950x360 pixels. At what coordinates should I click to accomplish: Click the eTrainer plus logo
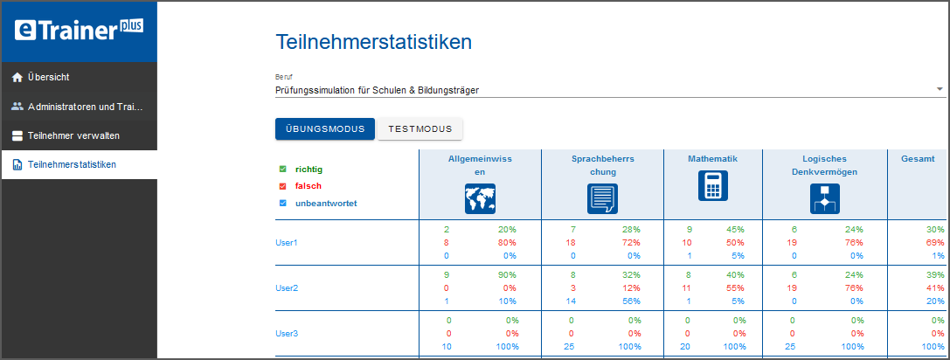79,31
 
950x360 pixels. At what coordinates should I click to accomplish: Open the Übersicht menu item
48,77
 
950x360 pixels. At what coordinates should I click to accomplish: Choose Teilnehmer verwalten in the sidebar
73,135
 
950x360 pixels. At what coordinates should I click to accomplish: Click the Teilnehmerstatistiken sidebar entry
72,164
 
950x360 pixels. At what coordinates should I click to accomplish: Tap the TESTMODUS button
420,128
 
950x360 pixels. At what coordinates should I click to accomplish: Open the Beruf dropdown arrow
940,89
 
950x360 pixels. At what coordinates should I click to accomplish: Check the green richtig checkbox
282,169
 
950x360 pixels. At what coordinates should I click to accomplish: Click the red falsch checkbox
282,186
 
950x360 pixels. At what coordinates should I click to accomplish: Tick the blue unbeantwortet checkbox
282,204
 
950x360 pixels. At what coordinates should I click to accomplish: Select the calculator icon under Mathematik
712,186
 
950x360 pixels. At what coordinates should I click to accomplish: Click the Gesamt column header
917,159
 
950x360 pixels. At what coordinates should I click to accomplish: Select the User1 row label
287,242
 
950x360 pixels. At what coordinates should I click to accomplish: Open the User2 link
287,287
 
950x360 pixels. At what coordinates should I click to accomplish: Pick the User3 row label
287,333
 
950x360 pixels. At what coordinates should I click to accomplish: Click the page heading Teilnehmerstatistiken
374,41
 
